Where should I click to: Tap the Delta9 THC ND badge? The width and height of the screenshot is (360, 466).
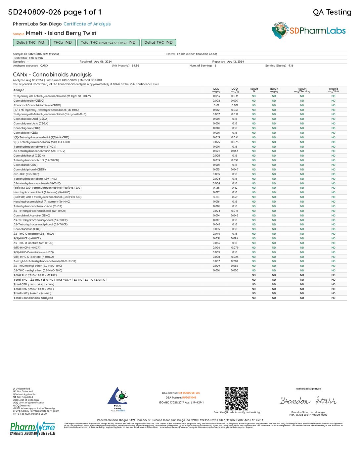click(30, 42)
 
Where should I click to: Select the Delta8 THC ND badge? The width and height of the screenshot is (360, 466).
click(158, 42)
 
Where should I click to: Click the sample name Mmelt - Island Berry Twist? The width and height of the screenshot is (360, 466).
click(61, 33)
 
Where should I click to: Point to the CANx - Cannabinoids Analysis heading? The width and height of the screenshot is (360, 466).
click(52, 74)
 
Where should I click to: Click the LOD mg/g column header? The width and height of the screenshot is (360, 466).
click(216, 90)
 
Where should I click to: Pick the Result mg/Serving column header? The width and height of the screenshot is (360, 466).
click(302, 90)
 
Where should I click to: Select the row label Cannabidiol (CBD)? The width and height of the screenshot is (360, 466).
click(26, 133)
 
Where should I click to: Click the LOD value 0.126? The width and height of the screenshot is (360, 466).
click(216, 188)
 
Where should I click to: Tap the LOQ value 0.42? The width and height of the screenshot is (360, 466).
click(235, 188)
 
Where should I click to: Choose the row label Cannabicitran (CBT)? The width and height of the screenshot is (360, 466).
click(27, 229)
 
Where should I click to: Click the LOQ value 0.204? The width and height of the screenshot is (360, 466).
click(235, 261)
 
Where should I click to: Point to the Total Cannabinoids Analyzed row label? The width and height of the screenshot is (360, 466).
click(33, 298)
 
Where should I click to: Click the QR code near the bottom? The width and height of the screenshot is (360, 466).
click(236, 398)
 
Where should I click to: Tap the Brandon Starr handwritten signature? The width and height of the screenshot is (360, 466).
click(308, 401)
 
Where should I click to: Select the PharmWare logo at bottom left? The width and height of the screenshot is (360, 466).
click(32, 429)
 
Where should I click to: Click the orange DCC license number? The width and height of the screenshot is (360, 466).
click(189, 393)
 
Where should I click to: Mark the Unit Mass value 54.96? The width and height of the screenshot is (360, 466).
click(135, 66)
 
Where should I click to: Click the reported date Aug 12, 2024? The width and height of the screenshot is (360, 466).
click(236, 62)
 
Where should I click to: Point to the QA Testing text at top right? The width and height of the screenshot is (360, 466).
click(332, 12)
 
